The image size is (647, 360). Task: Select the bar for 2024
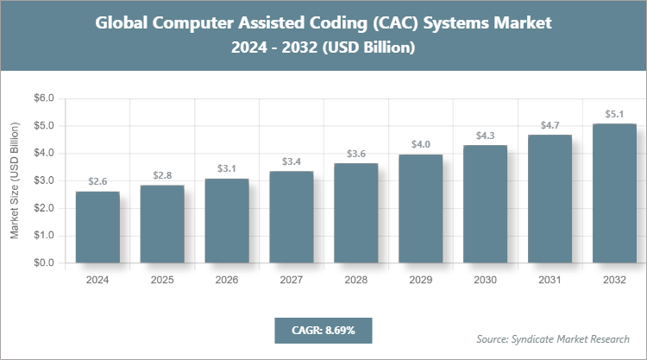point(97,227)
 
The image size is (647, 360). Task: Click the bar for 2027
point(292,217)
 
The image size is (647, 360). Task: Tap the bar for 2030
point(486,204)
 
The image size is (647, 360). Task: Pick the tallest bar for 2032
point(615,193)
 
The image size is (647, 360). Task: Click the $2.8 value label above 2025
point(162,175)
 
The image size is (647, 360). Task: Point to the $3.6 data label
point(356,154)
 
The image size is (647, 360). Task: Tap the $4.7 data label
point(550,125)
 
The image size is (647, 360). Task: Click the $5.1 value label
point(615,114)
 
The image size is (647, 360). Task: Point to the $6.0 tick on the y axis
point(42,98)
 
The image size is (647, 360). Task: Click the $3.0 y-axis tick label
point(42,180)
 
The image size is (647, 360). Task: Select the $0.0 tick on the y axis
point(42,262)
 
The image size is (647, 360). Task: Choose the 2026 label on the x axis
point(227,280)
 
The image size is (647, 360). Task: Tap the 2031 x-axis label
point(550,280)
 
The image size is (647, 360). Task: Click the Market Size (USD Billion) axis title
point(15,180)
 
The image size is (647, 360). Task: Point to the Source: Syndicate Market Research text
point(553,338)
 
